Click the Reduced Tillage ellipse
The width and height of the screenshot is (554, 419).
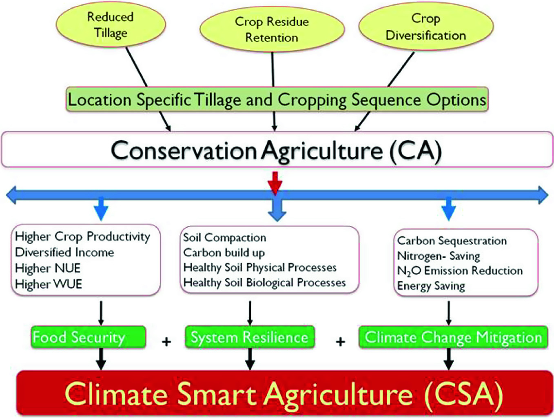tap(111, 25)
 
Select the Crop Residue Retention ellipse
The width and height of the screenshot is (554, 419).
tap(272, 29)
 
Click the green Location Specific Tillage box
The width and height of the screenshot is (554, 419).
tap(277, 99)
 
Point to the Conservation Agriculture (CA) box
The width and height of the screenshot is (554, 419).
tap(277, 149)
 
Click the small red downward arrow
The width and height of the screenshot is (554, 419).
tap(275, 183)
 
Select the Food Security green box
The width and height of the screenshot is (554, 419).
tap(88, 337)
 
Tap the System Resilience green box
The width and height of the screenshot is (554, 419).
tap(250, 337)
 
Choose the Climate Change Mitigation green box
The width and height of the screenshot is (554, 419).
tap(453, 337)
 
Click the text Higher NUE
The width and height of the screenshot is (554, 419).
tap(48, 268)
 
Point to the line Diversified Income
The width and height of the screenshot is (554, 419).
tap(64, 252)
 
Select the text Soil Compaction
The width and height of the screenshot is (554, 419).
tap(225, 238)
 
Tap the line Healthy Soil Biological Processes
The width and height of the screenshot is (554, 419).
tap(264, 283)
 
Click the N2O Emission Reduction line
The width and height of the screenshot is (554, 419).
tap(460, 271)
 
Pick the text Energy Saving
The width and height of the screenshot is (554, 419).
tap(431, 286)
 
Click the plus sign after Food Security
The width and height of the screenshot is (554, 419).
tap(166, 342)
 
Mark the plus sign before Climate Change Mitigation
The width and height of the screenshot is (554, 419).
tap(341, 342)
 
